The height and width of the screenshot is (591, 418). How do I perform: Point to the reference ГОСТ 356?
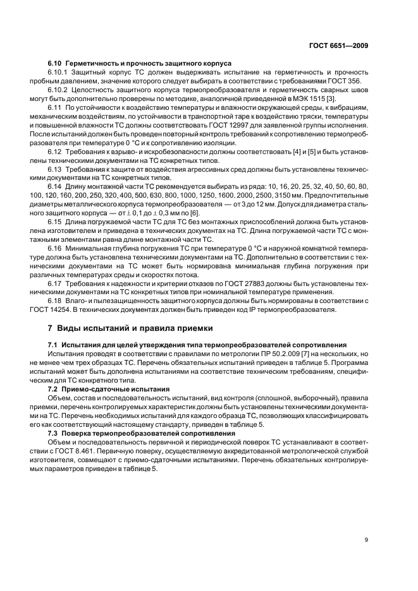[351, 81]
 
